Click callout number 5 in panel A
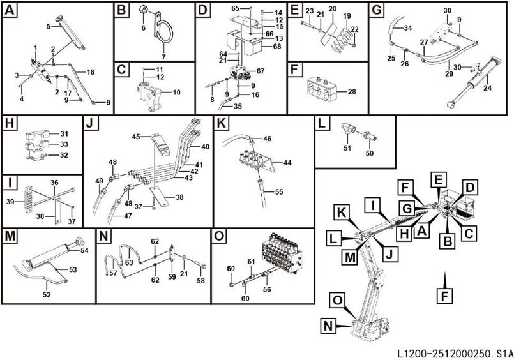[x=48, y=26]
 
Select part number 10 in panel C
[x=176, y=93]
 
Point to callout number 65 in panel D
[x=234, y=7]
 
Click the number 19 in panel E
[x=347, y=15]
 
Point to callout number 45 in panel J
[x=135, y=137]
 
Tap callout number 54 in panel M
[x=84, y=251]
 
